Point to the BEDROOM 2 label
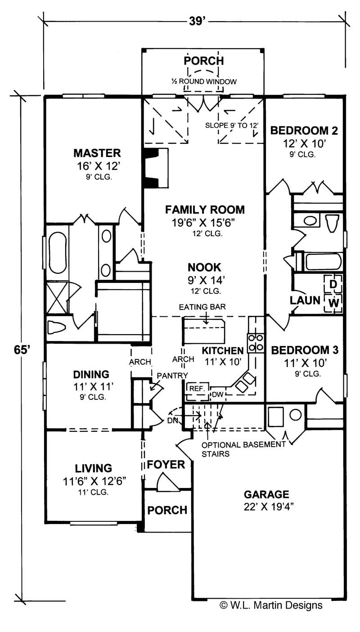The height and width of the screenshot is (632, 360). (304, 131)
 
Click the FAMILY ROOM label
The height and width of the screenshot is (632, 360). (205, 209)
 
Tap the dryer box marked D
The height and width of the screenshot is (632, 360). (333, 284)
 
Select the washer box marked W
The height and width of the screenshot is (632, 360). (333, 303)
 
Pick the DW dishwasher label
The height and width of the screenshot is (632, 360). (218, 394)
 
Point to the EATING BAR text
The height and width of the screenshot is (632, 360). (203, 307)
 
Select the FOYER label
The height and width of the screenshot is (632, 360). (166, 464)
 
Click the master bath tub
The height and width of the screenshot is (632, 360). (57, 252)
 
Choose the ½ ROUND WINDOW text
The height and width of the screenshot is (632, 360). (203, 81)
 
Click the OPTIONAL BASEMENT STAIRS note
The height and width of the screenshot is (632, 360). (243, 449)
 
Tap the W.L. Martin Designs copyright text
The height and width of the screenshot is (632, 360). (271, 605)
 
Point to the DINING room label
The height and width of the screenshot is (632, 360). (91, 374)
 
